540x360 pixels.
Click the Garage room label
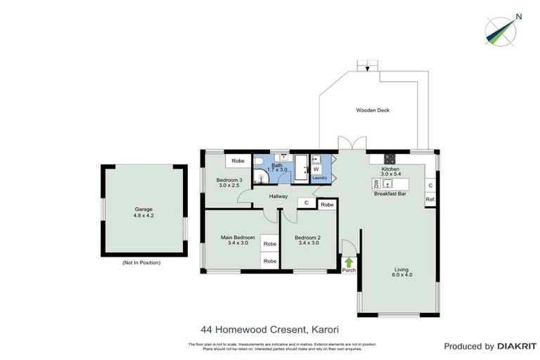point(143,210)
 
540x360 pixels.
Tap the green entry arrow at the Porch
point(349,262)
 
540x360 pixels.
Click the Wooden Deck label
point(372,110)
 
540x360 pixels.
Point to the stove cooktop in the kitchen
point(390,157)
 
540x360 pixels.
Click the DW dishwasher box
point(376,184)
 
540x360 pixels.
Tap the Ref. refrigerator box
point(430,199)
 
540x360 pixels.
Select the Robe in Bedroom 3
point(238,161)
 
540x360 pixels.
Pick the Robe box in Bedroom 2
point(326,205)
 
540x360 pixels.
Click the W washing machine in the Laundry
point(316,169)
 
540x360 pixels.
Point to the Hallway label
point(278,196)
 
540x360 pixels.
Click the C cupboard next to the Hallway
point(306,203)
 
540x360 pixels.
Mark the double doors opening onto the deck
point(349,144)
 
